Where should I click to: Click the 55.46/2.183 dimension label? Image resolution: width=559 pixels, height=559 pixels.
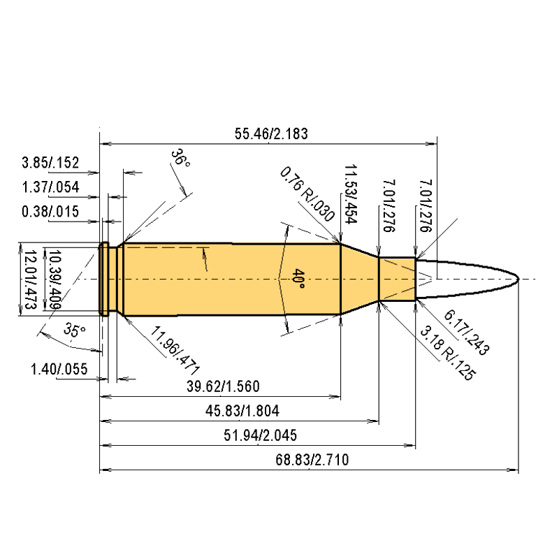pos(271,133)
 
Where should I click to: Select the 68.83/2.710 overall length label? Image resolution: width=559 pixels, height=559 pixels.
pos(312,460)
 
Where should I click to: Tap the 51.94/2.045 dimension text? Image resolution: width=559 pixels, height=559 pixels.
pos(260,435)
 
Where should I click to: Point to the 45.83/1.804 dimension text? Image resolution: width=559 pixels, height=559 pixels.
pos(242,411)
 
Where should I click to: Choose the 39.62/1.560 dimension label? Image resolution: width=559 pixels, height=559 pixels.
pos(223,386)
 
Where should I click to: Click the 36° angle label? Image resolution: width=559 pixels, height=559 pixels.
pos(180,158)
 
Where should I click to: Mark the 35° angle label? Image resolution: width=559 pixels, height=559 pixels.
pos(75,330)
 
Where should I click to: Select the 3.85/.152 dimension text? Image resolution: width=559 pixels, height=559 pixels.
pos(50,163)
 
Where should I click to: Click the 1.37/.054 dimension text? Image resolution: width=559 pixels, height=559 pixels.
pos(50,187)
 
